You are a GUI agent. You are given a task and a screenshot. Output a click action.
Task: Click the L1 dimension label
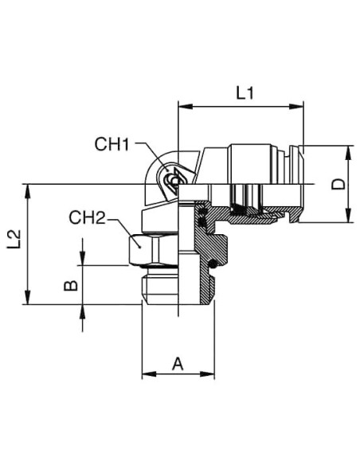[x=245, y=93]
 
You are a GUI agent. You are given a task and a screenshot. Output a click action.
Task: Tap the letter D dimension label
[x=338, y=184]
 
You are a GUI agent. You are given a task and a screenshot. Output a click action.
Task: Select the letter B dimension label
[x=71, y=286]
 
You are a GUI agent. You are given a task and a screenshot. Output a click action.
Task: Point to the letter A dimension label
[x=178, y=364]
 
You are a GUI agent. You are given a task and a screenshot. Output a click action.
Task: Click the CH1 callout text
[x=112, y=144]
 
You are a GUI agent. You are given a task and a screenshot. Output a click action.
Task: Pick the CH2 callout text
[x=87, y=217]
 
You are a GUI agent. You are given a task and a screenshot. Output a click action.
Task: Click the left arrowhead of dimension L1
[x=186, y=107]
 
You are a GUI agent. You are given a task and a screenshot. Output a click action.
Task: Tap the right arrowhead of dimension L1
[x=296, y=107]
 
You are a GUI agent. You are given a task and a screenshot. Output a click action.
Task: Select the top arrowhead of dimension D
[x=349, y=153]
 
